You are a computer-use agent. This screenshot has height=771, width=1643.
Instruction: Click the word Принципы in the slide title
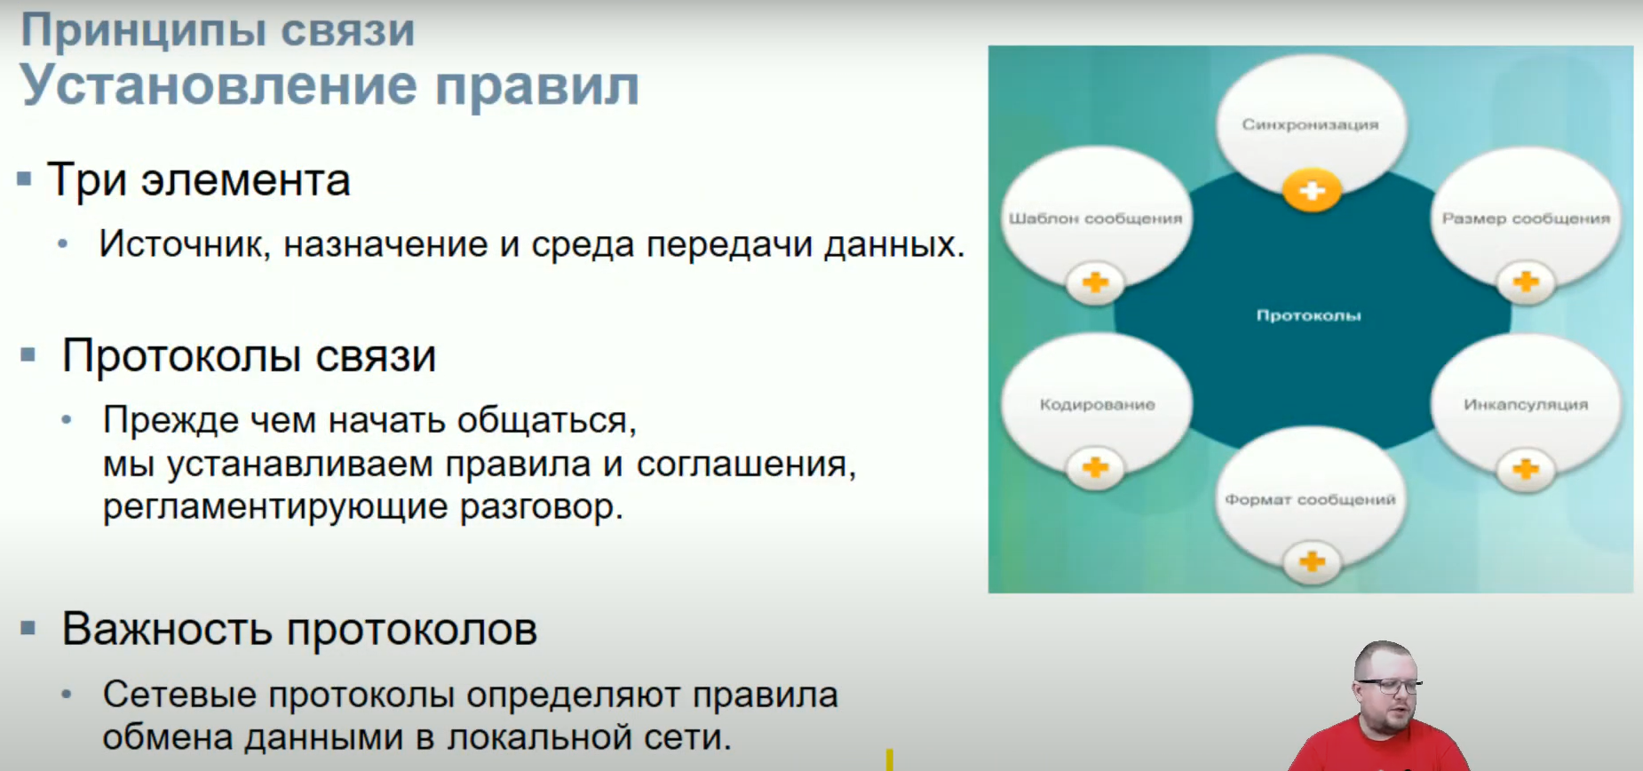[143, 32]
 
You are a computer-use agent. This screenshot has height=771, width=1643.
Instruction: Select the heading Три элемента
[198, 180]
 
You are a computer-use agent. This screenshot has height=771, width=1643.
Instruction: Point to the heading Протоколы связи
[249, 357]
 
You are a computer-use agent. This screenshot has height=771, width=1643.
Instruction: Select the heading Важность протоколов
[299, 630]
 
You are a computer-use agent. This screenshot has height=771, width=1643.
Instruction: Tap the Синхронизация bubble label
[1310, 125]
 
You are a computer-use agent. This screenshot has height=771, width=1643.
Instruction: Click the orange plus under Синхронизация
[1312, 190]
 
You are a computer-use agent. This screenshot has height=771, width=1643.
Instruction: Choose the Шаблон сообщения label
[1095, 219]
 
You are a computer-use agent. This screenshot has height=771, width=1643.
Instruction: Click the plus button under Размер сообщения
[1526, 282]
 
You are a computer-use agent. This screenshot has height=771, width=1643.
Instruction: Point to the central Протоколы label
[1308, 315]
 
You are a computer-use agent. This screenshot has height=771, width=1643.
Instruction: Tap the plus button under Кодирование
[1095, 467]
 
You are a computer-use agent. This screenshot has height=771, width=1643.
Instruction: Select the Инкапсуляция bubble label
[1526, 405]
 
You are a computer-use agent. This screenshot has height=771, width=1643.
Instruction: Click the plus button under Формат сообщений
[1312, 561]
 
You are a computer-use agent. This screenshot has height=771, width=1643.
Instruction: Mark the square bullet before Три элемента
[25, 179]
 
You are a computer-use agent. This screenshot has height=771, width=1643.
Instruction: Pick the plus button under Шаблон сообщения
[1095, 282]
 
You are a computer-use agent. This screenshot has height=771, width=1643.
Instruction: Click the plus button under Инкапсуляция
[1526, 468]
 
